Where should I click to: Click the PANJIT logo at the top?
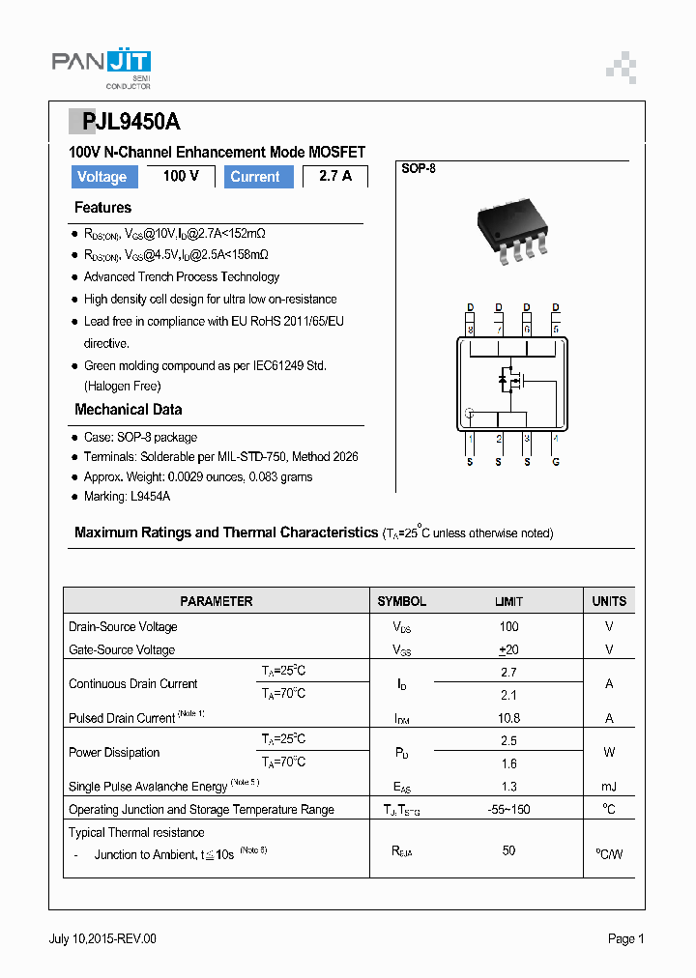(101, 65)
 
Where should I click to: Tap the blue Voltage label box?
(101, 177)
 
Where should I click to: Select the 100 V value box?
(181, 176)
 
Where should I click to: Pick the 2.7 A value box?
(334, 176)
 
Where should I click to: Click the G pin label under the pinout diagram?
(555, 461)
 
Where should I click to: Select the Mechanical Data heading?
(128, 410)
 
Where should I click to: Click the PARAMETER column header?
(217, 601)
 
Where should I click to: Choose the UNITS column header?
(609, 601)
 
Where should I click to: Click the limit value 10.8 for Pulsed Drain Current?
(508, 718)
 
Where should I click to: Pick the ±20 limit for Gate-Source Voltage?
(508, 649)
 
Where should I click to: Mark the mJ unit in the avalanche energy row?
(609, 787)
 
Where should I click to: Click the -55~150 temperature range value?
(508, 810)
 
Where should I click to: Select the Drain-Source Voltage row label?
(123, 626)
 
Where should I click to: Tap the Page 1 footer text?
(625, 938)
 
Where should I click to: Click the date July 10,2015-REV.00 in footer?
(102, 938)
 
